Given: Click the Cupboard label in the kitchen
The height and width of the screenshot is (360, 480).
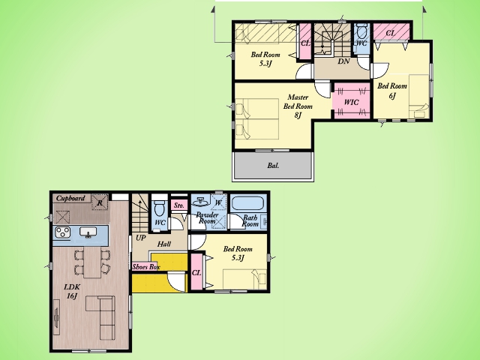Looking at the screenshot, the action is (70, 198).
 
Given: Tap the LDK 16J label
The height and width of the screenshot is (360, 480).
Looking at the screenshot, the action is (72, 292).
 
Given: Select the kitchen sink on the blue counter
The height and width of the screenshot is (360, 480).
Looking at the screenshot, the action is (88, 232).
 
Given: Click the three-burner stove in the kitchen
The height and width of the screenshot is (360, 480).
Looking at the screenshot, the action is (63, 232).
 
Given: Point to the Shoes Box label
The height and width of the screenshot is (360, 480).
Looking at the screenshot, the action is (146, 267).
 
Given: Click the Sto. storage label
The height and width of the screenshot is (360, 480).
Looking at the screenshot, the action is (178, 205).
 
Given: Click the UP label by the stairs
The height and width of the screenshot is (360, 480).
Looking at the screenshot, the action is (140, 238).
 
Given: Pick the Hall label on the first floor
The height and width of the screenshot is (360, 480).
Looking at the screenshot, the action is (164, 244).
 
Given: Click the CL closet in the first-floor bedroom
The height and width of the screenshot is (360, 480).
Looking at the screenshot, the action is (196, 272).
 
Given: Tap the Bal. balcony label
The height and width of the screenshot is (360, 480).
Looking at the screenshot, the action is (273, 166).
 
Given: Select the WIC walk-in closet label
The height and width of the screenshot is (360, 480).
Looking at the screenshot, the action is (351, 102).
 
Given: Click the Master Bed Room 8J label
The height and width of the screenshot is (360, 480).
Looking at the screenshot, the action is (298, 106).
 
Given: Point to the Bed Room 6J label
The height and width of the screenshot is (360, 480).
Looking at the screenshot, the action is (392, 91).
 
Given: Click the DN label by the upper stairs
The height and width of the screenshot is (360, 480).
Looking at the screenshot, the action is (343, 61).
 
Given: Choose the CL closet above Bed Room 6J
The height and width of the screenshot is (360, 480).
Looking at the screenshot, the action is (391, 32).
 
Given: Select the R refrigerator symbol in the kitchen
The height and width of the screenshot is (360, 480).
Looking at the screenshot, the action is (100, 202).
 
